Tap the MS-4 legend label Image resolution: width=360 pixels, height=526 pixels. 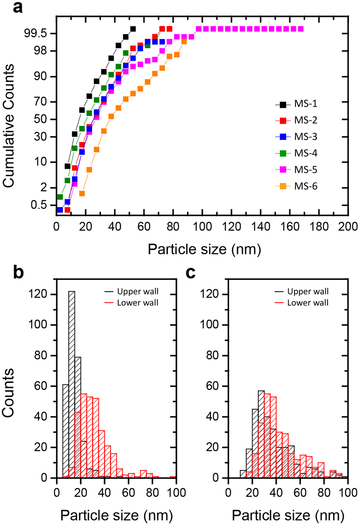tap(305, 153)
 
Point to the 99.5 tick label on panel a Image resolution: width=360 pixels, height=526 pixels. tap(35, 33)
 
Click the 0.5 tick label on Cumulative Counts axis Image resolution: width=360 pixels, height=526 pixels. tap(39, 205)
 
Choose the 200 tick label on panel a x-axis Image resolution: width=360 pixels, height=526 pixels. tap(348, 227)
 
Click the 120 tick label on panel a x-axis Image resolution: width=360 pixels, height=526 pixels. tap(232, 227)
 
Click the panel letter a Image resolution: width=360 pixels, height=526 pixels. tap(18, 8)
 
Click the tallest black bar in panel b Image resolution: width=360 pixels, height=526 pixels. tap(72, 384)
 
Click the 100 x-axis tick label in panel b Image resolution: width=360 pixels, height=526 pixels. tap(176, 492)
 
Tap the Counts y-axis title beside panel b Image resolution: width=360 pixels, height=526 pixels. tap(8, 393)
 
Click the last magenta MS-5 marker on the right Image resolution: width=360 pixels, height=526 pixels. tap(301, 29)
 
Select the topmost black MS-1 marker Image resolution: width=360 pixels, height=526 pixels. tap(133, 29)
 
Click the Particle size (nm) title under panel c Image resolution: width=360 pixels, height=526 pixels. tap(288, 515)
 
